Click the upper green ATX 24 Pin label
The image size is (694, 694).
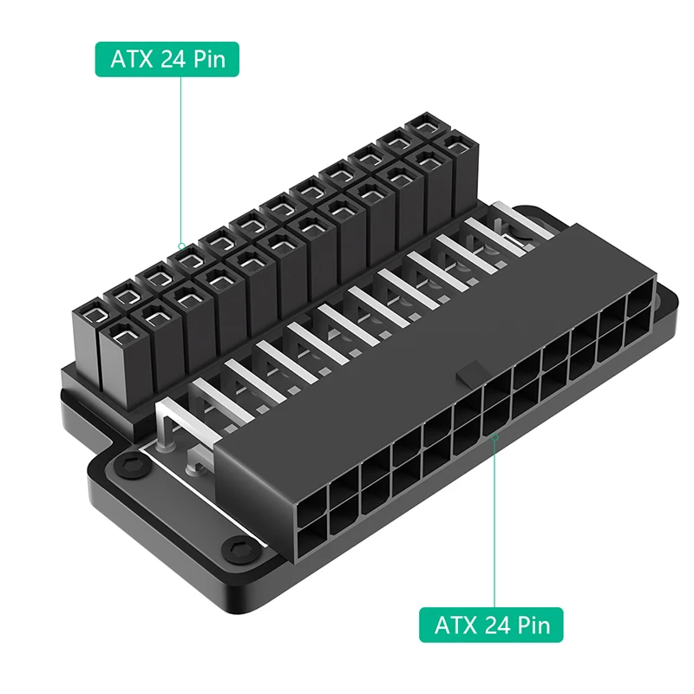point(166,59)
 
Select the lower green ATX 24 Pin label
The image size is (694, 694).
point(491,624)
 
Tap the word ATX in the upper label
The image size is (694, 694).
point(129,59)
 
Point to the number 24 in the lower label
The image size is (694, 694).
point(495,624)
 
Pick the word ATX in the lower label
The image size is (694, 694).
point(454,624)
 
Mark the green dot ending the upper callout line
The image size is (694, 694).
point(180,246)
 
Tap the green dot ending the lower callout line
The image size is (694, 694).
point(494,438)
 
